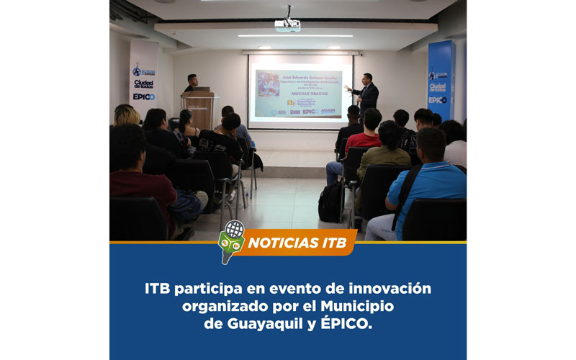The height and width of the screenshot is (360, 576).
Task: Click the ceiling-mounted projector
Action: coord(288,23)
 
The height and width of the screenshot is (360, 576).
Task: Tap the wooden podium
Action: coord(198,108)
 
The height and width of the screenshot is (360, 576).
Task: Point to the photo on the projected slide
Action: coord(268,83)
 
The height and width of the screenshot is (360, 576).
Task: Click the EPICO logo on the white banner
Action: coord(143,96)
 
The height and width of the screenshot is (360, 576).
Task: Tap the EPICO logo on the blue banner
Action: coord(438,99)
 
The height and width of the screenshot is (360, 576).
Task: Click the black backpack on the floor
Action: coord(331,202)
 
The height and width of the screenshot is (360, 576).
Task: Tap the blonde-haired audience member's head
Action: coord(127,115)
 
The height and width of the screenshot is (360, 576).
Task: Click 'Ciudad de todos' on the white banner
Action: coord(143,84)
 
